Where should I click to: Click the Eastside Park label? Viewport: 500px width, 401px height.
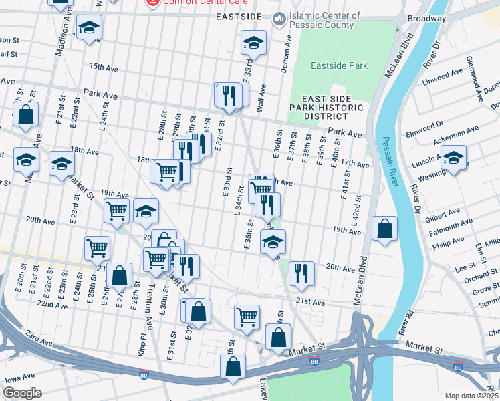click(x=340, y=66)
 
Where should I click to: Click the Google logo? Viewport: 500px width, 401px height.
click(x=22, y=393)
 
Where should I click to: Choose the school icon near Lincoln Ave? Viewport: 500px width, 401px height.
click(x=454, y=158)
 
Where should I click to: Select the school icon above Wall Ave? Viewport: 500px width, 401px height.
click(x=253, y=43)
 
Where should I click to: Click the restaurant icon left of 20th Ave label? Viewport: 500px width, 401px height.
click(x=301, y=273)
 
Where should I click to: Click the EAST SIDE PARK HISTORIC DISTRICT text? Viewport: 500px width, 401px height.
click(x=326, y=107)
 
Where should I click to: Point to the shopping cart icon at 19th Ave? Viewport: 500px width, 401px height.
click(x=117, y=211)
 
